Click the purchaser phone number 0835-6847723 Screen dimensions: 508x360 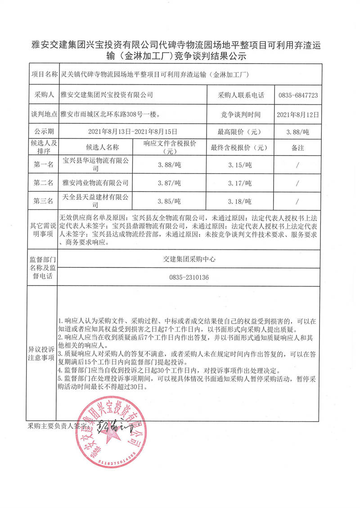299,95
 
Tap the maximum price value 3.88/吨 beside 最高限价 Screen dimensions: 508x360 297,132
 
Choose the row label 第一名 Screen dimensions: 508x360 43,165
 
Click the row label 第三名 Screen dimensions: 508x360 43,201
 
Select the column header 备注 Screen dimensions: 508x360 298,147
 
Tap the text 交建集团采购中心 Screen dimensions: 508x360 189,259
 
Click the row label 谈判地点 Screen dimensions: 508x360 43,114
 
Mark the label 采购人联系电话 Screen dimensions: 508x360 241,95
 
